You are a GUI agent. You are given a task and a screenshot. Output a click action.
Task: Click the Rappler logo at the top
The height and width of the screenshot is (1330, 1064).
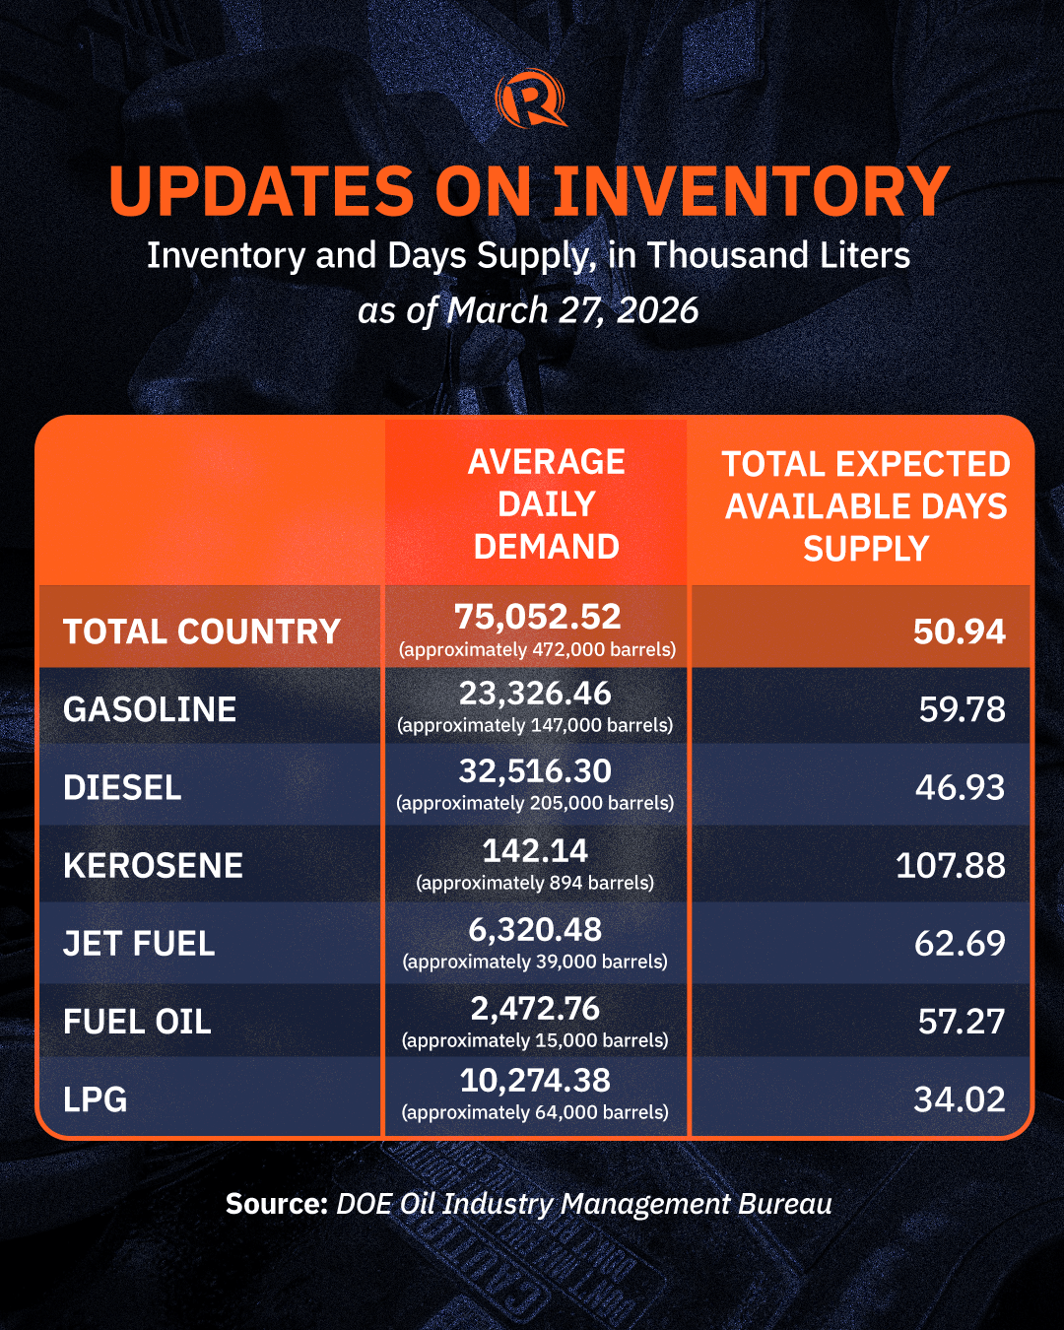tap(531, 99)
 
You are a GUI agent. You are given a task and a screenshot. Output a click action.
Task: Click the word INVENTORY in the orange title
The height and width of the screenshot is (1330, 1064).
tap(752, 191)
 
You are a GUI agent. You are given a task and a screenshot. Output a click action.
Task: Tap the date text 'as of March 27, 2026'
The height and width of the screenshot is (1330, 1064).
tap(528, 310)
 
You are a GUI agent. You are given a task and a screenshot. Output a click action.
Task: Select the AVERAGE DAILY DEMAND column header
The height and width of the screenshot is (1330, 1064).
tap(546, 503)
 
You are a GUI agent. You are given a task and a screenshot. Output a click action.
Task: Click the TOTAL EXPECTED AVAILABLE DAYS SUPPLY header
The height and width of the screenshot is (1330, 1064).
tap(865, 505)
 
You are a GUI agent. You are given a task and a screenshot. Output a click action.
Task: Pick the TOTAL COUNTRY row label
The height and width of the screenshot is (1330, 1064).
tap(202, 632)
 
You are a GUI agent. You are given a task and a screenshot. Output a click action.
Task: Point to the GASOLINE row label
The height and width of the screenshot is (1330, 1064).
tap(150, 709)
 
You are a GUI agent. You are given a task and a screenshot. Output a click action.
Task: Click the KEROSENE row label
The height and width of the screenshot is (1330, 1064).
tap(153, 866)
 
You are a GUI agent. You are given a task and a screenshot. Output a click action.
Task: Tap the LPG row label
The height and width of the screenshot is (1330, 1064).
tap(96, 1099)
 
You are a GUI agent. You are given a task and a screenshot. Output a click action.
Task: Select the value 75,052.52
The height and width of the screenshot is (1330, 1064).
tap(537, 617)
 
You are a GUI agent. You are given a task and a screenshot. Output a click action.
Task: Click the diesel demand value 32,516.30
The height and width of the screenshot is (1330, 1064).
tap(535, 771)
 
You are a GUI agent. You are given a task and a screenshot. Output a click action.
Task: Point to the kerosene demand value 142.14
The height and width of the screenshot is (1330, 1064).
tap(535, 850)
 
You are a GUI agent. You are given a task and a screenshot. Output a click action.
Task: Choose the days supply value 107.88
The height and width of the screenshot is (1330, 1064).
tap(950, 866)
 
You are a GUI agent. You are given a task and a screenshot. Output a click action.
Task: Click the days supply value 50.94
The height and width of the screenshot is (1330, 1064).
tap(959, 632)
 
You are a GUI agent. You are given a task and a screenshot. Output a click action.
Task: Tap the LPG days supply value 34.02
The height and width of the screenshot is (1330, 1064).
tap(959, 1099)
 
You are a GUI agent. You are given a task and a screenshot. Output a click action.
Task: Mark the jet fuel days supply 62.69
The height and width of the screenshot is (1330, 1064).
tap(959, 944)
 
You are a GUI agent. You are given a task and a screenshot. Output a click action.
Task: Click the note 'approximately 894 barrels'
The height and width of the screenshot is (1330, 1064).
tap(535, 883)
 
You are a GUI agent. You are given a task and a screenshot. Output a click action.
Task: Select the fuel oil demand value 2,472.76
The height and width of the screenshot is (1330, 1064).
tap(535, 1009)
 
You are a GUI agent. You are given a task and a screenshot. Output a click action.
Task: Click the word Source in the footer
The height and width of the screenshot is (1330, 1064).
tap(275, 1204)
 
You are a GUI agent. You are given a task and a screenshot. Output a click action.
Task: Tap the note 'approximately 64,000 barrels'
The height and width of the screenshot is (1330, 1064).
tap(535, 1112)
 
